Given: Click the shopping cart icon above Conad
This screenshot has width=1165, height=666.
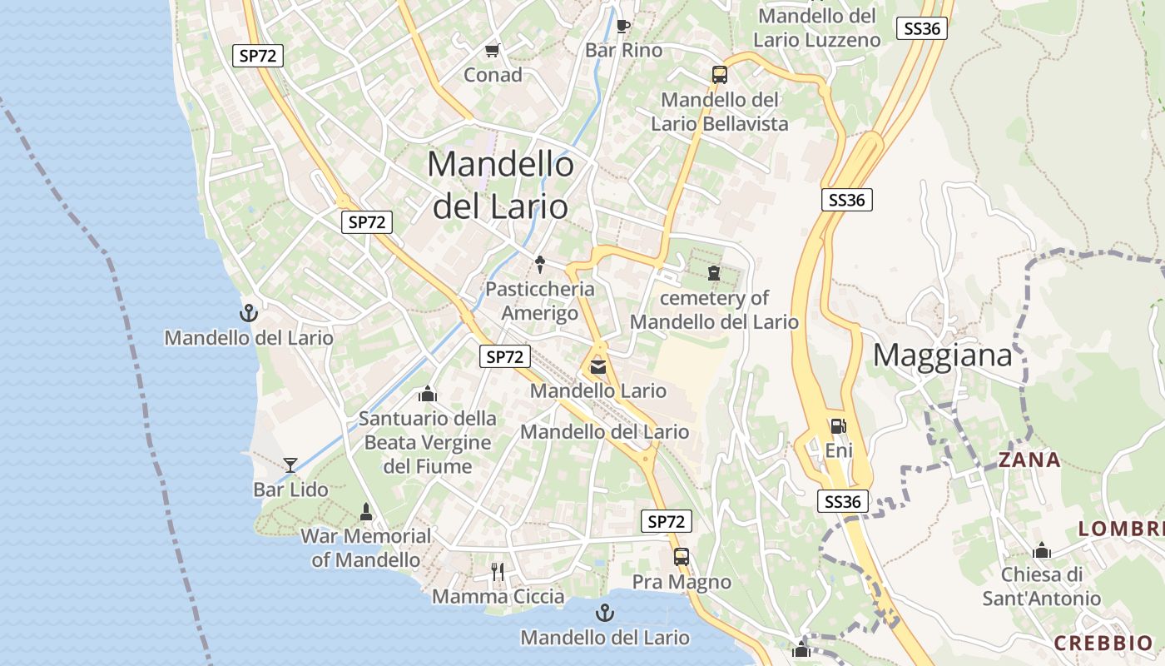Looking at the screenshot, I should [x=492, y=50].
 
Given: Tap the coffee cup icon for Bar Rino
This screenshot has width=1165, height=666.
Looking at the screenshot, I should [x=623, y=25].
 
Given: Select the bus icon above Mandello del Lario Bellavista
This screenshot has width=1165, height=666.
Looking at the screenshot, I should [x=720, y=74].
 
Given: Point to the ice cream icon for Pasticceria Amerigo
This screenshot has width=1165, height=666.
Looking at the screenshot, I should [x=540, y=264].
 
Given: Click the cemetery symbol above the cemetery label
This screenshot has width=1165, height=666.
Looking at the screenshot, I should [x=713, y=272].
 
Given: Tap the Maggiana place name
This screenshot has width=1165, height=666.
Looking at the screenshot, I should [x=942, y=355].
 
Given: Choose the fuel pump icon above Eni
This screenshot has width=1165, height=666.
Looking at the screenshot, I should [x=838, y=426].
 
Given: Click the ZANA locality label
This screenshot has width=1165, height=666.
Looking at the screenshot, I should [x=1029, y=460].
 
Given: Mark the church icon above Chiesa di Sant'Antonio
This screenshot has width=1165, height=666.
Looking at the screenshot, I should [x=1041, y=550].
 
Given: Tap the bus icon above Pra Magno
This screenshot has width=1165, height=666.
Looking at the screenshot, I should [x=681, y=556].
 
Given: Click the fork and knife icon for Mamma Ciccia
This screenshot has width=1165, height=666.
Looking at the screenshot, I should [x=498, y=571].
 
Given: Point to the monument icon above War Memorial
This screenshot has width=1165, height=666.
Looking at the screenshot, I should [x=365, y=511].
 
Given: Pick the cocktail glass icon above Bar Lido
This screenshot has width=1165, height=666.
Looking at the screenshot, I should [x=290, y=465].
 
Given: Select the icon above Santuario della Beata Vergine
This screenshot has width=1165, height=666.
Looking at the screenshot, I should [x=428, y=393].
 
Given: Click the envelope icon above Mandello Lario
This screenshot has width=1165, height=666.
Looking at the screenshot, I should [x=597, y=366].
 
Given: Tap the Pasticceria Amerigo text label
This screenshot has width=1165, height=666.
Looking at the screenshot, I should [x=540, y=301].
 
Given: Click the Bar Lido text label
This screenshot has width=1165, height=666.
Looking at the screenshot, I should [x=290, y=490].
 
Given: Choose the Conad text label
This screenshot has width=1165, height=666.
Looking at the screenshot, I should [x=493, y=75].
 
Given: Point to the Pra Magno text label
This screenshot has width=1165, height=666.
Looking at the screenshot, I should [x=682, y=582].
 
